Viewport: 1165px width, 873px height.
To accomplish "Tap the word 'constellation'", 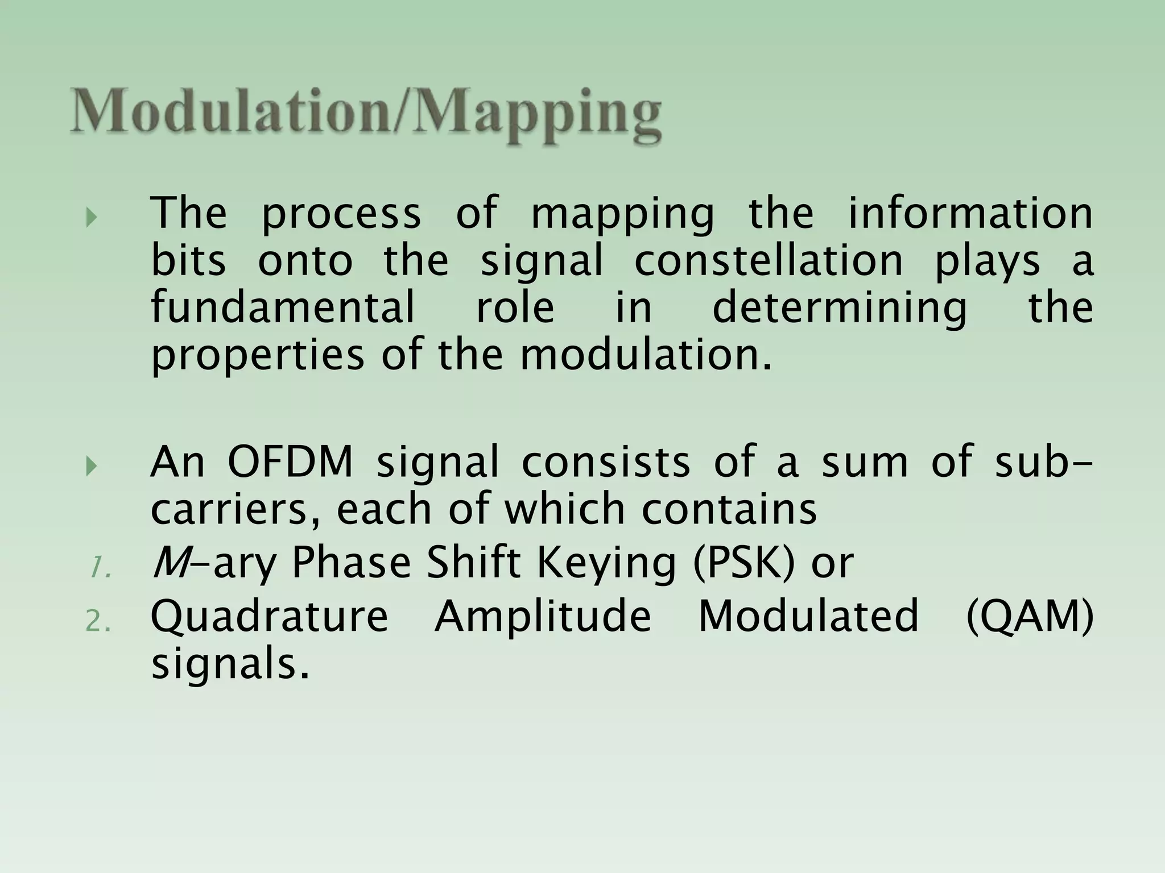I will click(x=769, y=261).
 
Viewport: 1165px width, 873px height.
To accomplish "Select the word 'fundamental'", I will click(x=283, y=307).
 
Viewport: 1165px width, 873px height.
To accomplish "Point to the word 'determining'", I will click(x=839, y=307).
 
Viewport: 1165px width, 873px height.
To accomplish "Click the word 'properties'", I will click(x=257, y=355).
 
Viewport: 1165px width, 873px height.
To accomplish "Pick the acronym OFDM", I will click(x=291, y=462).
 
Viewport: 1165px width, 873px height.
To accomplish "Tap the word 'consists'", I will click(x=605, y=462).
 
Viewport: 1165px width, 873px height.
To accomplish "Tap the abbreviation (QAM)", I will click(x=1030, y=616).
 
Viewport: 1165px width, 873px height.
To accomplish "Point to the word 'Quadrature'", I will click(x=269, y=616).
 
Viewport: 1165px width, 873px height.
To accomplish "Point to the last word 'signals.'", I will click(x=230, y=664).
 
